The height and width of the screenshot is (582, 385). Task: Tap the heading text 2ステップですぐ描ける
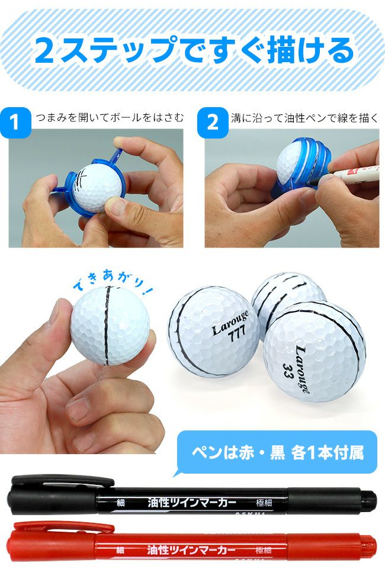(x=193, y=51)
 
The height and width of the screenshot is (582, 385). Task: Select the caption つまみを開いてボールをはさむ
(x=109, y=118)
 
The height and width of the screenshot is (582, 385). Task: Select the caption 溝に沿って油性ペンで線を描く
(x=304, y=118)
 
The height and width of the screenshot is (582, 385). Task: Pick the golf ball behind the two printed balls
(x=287, y=295)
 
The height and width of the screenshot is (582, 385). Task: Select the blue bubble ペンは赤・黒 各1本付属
(x=277, y=453)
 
